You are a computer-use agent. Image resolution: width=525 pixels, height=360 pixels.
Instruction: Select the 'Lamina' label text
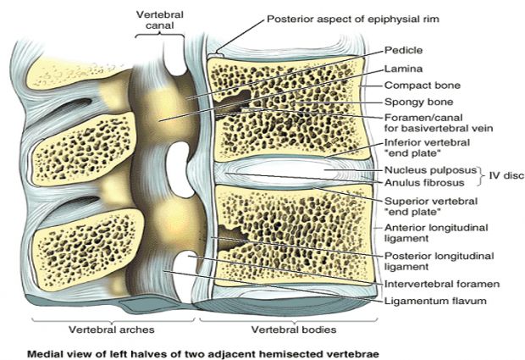coord(400,68)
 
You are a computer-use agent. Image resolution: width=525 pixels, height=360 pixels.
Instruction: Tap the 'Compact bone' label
coord(419,86)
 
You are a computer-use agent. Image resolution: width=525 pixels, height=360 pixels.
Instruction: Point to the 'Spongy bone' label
coord(414,102)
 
